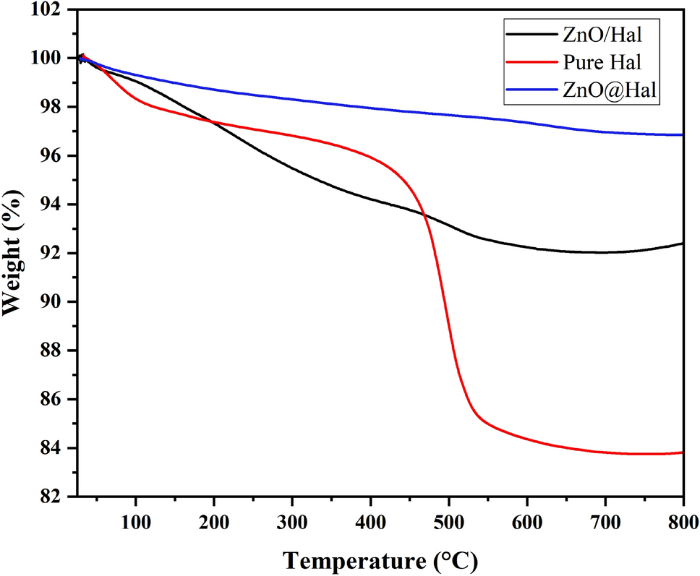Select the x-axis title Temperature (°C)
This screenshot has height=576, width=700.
(x=380, y=559)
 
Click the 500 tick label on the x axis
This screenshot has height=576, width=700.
(x=448, y=521)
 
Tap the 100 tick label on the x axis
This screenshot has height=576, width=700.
(x=135, y=521)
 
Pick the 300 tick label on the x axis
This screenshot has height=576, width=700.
(x=291, y=521)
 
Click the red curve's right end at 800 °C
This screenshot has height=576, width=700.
(x=682, y=452)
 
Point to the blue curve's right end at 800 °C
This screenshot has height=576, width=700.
(x=682, y=134)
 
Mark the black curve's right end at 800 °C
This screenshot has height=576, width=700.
(x=682, y=244)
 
